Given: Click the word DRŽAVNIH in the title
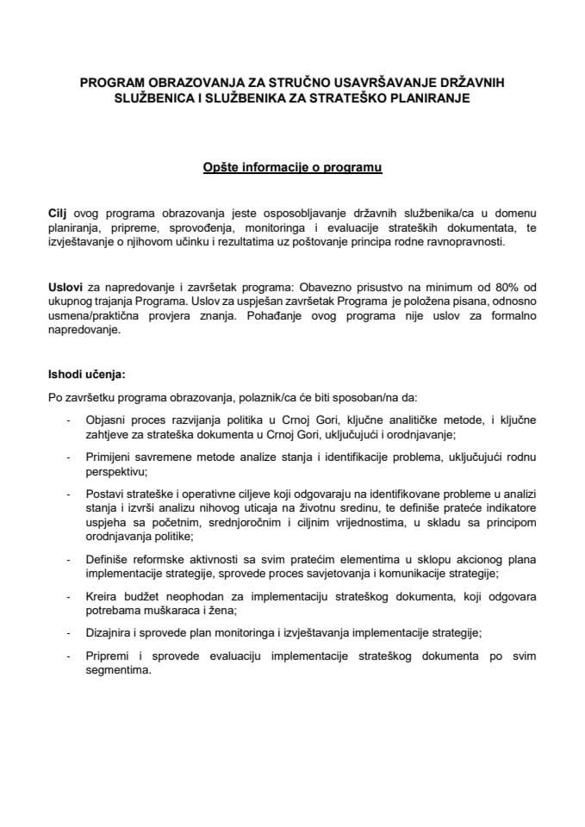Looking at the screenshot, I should tap(468, 84).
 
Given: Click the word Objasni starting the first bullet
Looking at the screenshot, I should tap(109, 420).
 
